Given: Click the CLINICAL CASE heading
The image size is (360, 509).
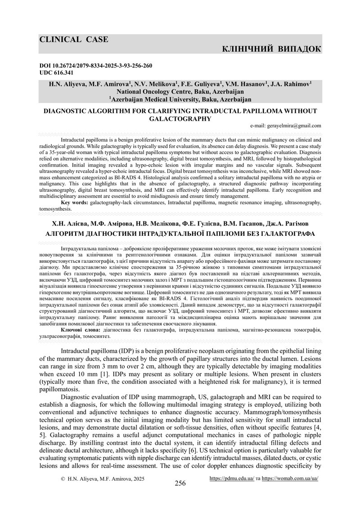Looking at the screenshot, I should pyautogui.click(x=74, y=40).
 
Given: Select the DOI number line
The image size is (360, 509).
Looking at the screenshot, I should pyautogui.click(x=96, y=66).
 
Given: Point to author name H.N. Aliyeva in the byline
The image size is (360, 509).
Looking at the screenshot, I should pyautogui.click(x=68, y=84).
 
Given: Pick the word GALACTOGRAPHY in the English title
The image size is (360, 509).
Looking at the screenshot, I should pyautogui.click(x=180, y=119).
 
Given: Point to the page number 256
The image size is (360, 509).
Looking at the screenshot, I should pyautogui.click(x=180, y=483).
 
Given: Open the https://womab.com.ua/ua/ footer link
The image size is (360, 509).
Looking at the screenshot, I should pyautogui.click(x=290, y=478).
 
